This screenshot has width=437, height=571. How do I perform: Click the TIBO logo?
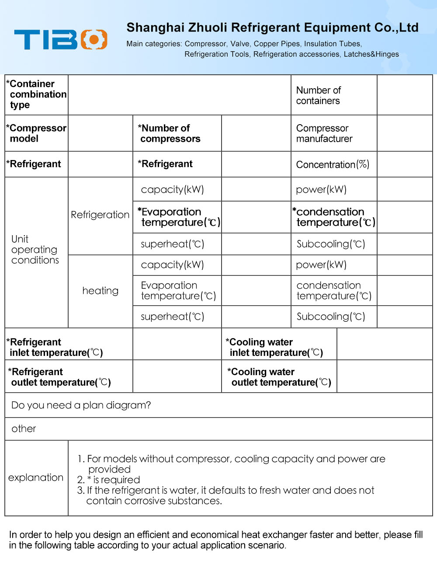point(60,39)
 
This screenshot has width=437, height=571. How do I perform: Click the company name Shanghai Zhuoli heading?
point(272,28)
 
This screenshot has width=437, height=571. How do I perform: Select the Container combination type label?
point(37,94)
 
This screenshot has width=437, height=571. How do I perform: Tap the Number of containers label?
point(318,95)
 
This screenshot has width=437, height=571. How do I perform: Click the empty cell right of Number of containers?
point(404,95)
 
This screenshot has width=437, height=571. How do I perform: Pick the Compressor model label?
point(37,133)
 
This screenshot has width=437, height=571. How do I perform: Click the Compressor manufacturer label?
point(324,133)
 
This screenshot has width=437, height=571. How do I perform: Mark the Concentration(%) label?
point(333,164)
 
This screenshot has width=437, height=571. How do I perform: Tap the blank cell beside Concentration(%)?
point(404,164)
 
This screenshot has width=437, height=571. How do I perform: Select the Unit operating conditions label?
point(35,250)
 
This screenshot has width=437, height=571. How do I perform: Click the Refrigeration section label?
point(100,215)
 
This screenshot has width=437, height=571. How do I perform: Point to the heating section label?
point(100,291)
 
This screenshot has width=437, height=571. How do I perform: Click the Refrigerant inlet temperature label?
point(55,347)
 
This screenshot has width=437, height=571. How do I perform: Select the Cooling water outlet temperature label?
point(280,377)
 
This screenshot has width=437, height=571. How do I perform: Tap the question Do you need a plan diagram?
point(81,405)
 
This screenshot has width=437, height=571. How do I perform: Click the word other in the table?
point(24,429)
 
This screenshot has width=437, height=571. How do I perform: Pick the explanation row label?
point(36,477)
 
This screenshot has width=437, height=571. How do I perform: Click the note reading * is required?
point(109,480)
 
